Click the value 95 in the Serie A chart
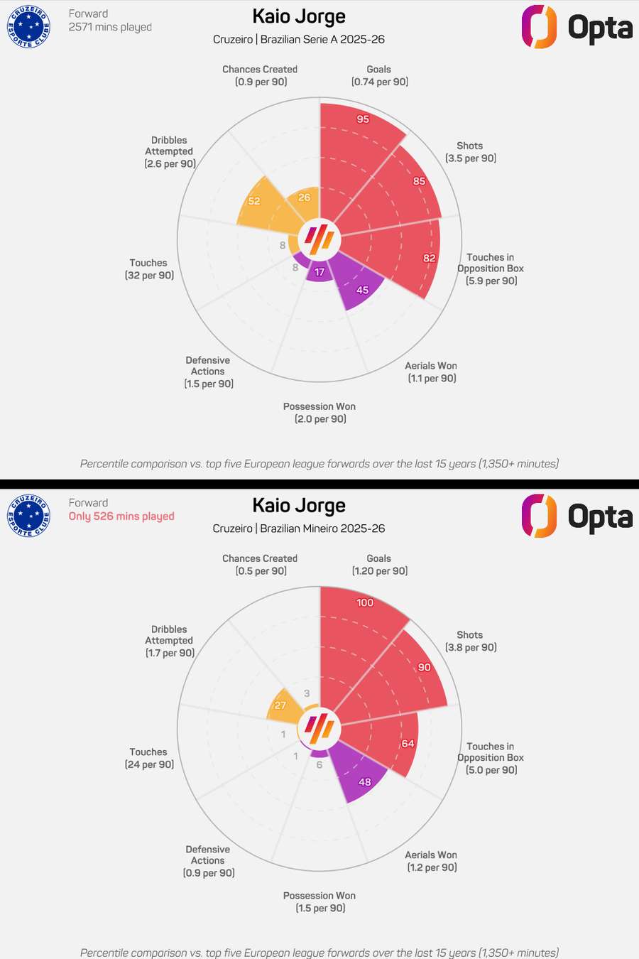(x=363, y=119)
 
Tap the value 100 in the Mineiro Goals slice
(x=365, y=602)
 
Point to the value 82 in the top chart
(x=430, y=258)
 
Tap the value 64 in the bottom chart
(x=408, y=744)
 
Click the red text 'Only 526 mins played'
(x=121, y=516)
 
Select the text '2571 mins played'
(x=110, y=27)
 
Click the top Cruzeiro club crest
(x=28, y=26)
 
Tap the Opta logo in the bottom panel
(x=577, y=516)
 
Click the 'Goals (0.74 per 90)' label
(x=379, y=75)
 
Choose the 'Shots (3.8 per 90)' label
(x=470, y=641)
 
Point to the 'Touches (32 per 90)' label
(x=149, y=269)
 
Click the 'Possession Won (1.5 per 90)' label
(x=319, y=901)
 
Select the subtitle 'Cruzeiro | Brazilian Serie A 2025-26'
(x=299, y=39)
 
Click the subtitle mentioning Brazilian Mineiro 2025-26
(x=299, y=529)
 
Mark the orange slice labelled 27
(x=284, y=706)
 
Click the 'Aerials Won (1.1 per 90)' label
(x=431, y=372)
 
